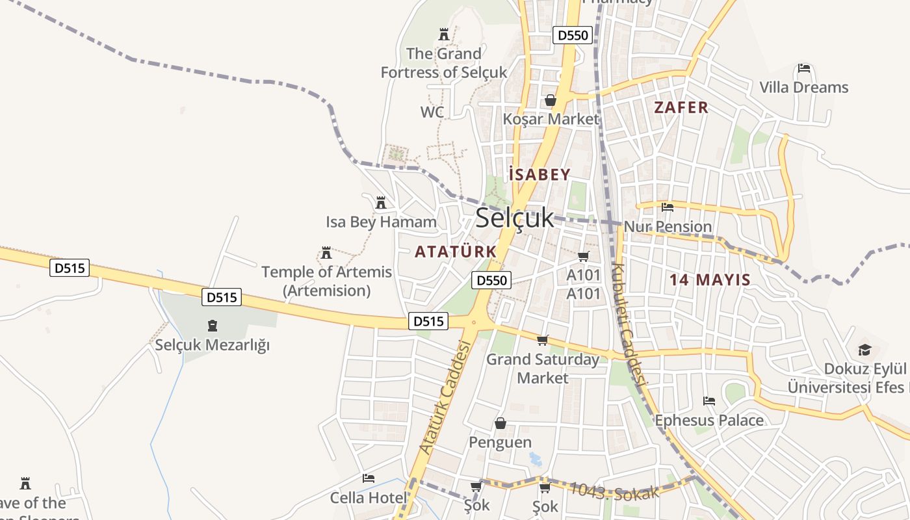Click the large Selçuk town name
(515, 218)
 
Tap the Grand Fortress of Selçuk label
(444, 63)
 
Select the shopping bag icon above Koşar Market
(551, 100)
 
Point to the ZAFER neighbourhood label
(681, 108)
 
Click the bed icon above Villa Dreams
(804, 68)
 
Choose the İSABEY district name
(539, 175)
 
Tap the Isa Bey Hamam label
(381, 222)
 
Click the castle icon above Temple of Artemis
(326, 252)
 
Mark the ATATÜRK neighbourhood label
(456, 252)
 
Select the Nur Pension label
(668, 227)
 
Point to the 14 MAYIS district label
(710, 280)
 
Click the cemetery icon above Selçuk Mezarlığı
(212, 325)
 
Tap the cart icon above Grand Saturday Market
(543, 340)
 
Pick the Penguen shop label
(500, 443)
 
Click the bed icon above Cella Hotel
(369, 478)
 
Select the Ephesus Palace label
(709, 421)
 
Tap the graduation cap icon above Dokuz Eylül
(864, 350)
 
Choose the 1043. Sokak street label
(615, 492)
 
